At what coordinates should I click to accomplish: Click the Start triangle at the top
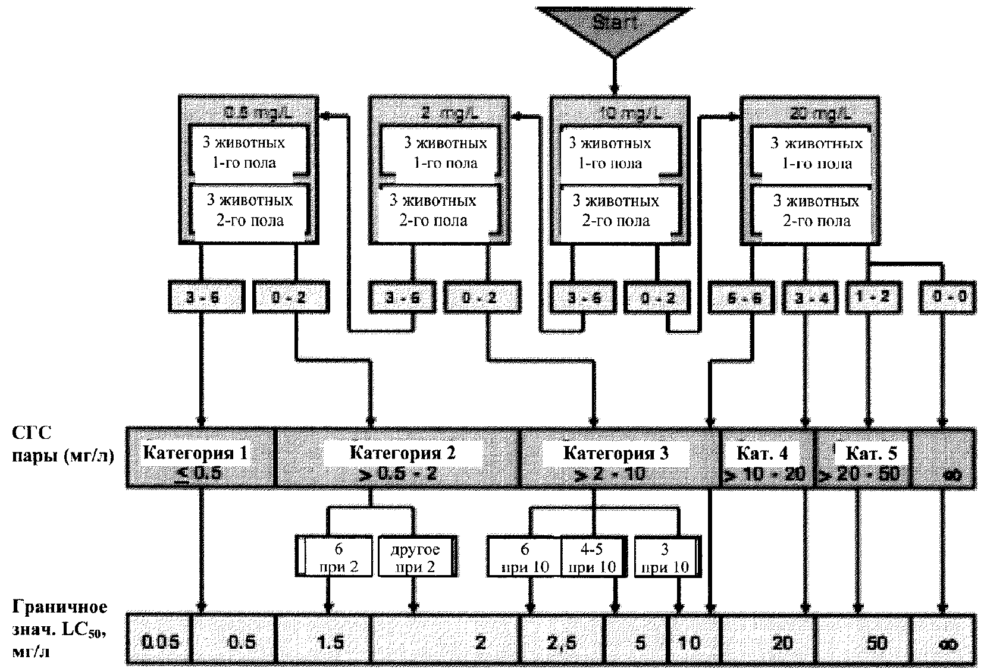614,27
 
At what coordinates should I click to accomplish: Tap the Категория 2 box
398,458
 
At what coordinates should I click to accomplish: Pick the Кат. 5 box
863,458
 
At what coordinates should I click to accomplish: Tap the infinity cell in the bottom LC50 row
945,643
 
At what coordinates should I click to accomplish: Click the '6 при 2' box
334,557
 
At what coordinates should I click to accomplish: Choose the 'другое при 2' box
416,557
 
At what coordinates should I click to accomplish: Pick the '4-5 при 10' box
593,557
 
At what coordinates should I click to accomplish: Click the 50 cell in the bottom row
863,643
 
